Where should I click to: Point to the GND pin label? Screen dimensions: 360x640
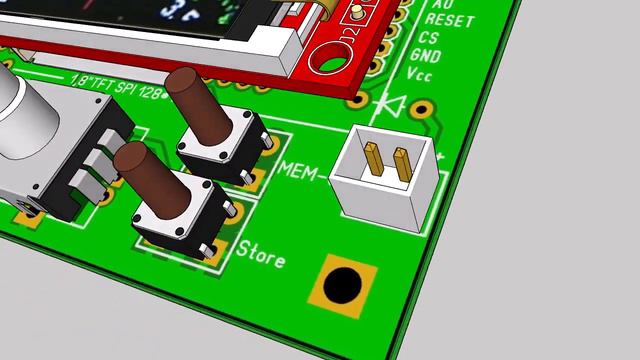coord(425,56)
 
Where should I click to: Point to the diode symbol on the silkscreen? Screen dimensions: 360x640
coord(391,104)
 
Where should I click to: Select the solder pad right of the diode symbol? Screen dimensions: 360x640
coord(424,108)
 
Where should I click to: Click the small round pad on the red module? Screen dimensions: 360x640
coord(354,14)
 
